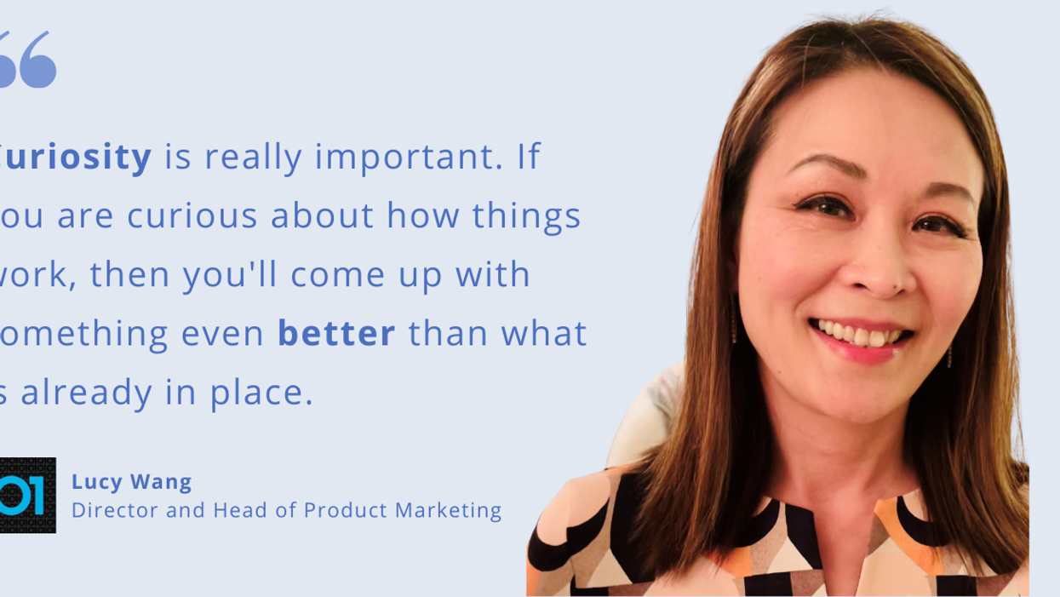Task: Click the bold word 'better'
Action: pyautogui.click(x=336, y=333)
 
